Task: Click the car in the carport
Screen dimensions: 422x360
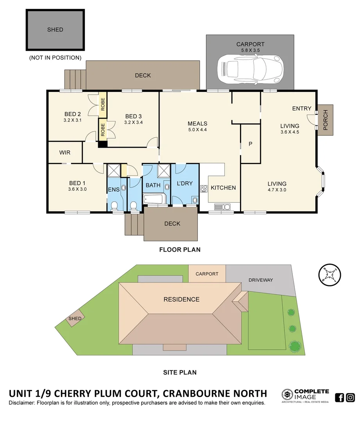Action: [x=250, y=69]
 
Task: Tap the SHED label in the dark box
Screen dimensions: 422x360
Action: [x=55, y=30]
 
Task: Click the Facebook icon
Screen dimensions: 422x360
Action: [x=340, y=397]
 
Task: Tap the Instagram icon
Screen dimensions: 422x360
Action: [x=351, y=397]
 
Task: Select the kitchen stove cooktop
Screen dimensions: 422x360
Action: [x=204, y=189]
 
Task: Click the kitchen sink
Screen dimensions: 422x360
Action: [x=222, y=207]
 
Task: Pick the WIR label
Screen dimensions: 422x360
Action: [x=65, y=152]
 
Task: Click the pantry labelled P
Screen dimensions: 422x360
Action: [x=251, y=144]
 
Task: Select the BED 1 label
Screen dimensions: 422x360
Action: [x=77, y=183]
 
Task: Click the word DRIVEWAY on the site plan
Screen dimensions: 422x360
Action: [x=261, y=280]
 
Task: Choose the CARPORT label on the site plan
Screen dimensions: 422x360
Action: [x=207, y=274]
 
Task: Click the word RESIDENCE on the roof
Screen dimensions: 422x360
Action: [x=181, y=300]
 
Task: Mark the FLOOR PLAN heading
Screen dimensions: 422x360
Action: [x=180, y=249]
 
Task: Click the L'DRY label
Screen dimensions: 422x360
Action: [x=185, y=183]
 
